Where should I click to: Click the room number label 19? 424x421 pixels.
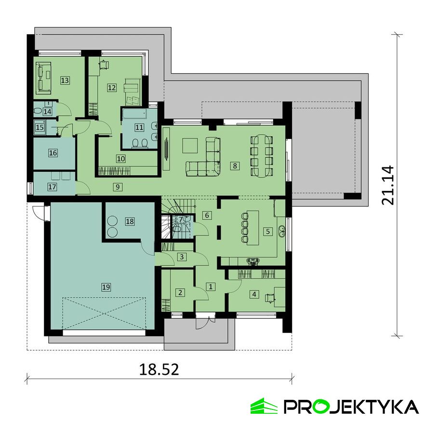click(x=106, y=287)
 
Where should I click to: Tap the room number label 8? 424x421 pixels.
click(x=235, y=166)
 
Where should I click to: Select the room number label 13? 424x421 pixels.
click(x=65, y=80)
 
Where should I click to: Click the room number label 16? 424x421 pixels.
click(x=53, y=153)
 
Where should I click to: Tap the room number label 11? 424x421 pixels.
click(x=139, y=128)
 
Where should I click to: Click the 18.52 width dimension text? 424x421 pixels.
click(x=159, y=370)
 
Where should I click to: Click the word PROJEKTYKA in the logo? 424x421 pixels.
click(x=350, y=406)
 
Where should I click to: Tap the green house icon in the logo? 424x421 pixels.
click(x=264, y=406)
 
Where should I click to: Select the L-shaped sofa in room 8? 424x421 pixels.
click(x=207, y=159)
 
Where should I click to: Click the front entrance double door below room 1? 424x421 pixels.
click(x=205, y=321)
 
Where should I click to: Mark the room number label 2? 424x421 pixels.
click(x=181, y=292)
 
